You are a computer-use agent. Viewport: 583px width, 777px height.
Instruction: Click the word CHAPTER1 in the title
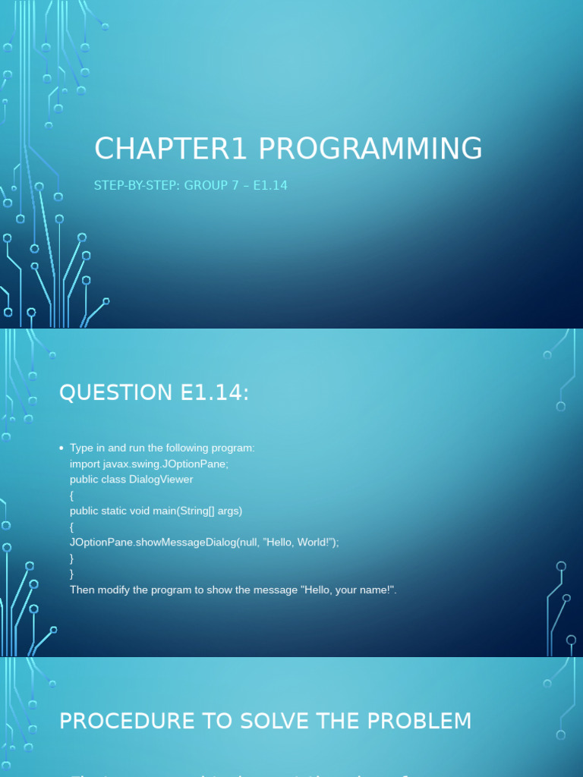(171, 149)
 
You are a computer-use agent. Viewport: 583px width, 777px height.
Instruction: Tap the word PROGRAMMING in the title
(370, 149)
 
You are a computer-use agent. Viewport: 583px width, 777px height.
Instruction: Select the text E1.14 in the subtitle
(269, 185)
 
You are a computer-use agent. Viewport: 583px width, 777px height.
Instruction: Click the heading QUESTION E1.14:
(154, 392)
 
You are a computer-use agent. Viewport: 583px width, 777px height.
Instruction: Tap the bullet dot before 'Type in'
(61, 448)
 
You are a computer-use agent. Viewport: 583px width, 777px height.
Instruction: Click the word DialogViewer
(162, 480)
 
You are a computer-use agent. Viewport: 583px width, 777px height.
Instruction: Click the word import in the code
(84, 464)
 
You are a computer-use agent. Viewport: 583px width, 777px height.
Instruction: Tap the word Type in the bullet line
(82, 448)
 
